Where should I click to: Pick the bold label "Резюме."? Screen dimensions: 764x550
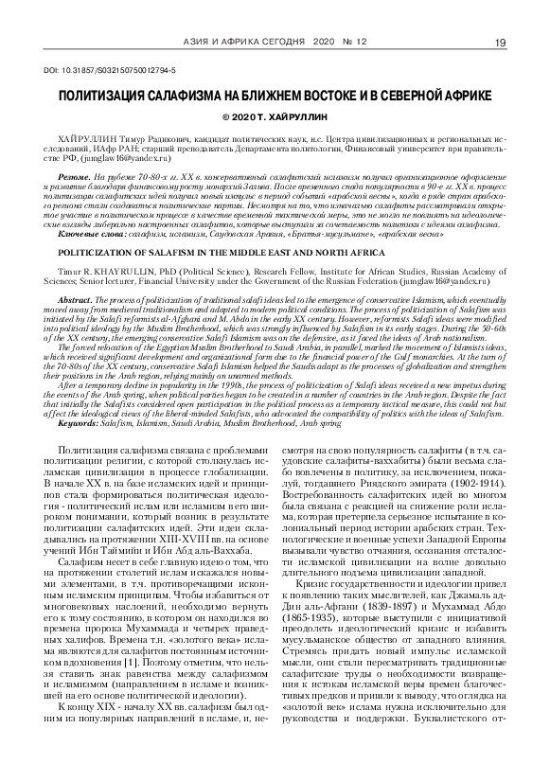pos(76,177)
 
